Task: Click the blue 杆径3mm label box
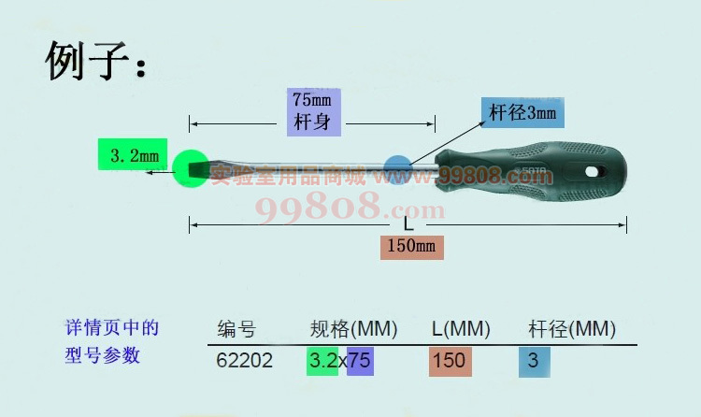pos(522,113)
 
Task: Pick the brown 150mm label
pos(410,247)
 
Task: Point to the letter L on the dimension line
pos(408,224)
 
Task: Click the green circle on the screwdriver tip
pos(191,168)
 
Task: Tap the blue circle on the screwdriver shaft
pos(398,169)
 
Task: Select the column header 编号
pos(236,329)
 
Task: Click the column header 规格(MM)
pos(353,329)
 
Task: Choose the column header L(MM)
pos(461,329)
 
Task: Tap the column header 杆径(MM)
pos(571,329)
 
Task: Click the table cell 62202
pos(244,360)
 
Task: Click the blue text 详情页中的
pos(112,328)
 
